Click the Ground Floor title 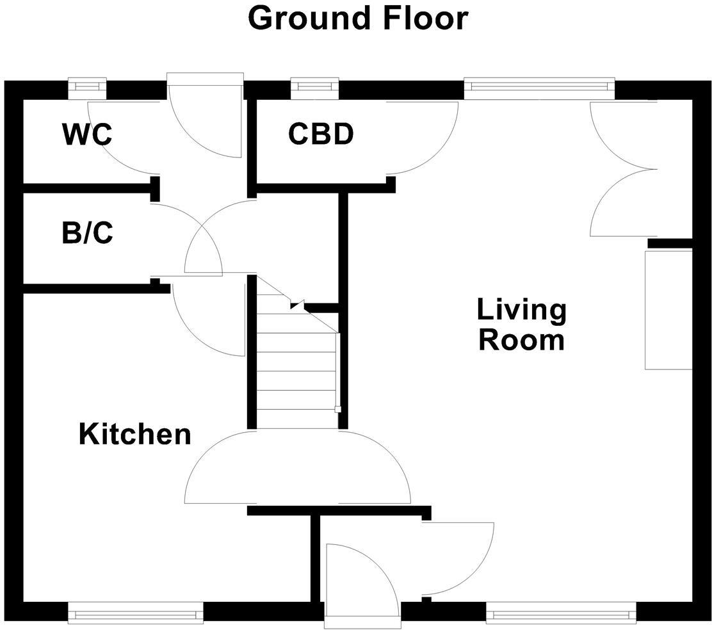coord(358,19)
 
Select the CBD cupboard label coord(321,134)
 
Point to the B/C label coord(87,233)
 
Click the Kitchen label coord(135,434)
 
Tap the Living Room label coord(522,324)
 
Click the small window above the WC coord(87,88)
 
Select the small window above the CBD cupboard coord(314,88)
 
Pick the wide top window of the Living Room coord(540,88)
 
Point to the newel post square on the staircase coord(337,409)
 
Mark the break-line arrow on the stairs coord(298,305)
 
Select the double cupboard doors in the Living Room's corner coord(623,169)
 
